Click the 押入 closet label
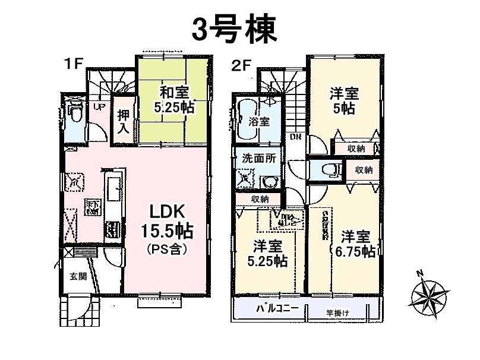point(124,121)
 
